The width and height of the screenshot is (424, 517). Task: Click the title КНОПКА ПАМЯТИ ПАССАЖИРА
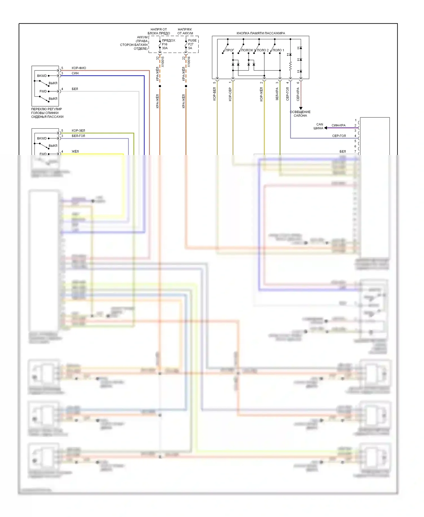pyautogui.click(x=261, y=33)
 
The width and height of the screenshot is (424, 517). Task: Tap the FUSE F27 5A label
pyautogui.click(x=192, y=44)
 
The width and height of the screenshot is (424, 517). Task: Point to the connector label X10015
pyautogui.click(x=163, y=62)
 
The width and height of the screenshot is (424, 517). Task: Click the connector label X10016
pyautogui.click(x=189, y=62)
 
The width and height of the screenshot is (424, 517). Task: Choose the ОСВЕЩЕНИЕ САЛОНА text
pyautogui.click(x=300, y=114)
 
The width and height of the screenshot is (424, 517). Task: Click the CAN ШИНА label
pyautogui.click(x=319, y=126)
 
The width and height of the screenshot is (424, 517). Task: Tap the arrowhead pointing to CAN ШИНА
pyautogui.click(x=326, y=128)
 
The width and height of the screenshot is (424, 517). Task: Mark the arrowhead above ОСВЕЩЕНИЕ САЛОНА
pyautogui.click(x=301, y=108)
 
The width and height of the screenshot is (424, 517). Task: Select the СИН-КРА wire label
pyautogui.click(x=338, y=125)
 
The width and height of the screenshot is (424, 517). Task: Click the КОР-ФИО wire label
pyautogui.click(x=79, y=68)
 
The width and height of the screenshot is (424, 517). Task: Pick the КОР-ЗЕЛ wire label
pyautogui.click(x=78, y=130)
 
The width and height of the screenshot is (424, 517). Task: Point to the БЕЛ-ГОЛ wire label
pyautogui.click(x=78, y=136)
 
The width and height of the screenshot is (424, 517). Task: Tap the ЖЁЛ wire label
pyautogui.click(x=75, y=151)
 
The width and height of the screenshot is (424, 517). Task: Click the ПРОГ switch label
pyautogui.click(x=230, y=50)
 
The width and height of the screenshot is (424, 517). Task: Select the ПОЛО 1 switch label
pyautogui.click(x=278, y=50)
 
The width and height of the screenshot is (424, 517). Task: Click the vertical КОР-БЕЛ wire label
pyautogui.click(x=214, y=94)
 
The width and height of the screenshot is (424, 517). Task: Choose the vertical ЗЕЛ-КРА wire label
pyautogui.click(x=277, y=94)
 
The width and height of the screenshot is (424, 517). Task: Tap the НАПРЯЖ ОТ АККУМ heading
pyautogui.click(x=185, y=31)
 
